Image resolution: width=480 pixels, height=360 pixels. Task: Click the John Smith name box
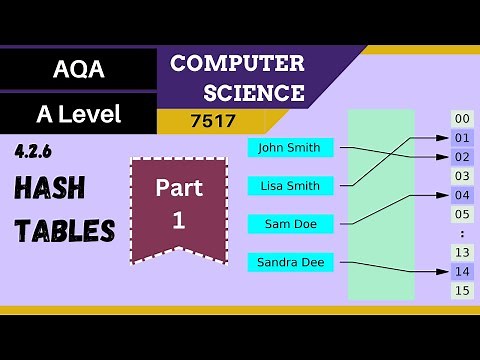tap(290, 148)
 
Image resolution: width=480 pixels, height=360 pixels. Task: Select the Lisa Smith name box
tap(290, 186)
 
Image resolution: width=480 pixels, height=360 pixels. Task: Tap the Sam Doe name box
tap(290, 224)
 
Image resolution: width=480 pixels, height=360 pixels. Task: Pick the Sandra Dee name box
tap(290, 263)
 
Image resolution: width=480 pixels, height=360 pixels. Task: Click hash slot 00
tap(461, 118)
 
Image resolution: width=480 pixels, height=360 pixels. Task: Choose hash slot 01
tap(461, 137)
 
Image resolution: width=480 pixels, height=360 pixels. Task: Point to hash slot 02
tap(461, 157)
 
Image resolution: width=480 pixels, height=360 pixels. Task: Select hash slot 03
tap(461, 176)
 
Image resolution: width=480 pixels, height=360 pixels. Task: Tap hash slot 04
tap(461, 195)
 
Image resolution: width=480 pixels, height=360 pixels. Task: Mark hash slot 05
tap(461, 214)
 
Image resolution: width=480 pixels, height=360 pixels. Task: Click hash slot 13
tap(461, 252)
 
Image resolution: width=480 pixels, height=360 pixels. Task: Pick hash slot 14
tap(461, 271)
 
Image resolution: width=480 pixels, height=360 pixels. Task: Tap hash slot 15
tap(461, 290)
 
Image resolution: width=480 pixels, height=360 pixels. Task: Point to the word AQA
tap(79, 70)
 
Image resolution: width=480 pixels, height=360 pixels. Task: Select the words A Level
tap(79, 114)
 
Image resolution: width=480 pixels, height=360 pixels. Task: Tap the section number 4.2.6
tap(34, 151)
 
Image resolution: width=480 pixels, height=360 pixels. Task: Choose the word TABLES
tap(64, 231)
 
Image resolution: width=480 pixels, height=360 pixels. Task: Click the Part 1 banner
tap(179, 205)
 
